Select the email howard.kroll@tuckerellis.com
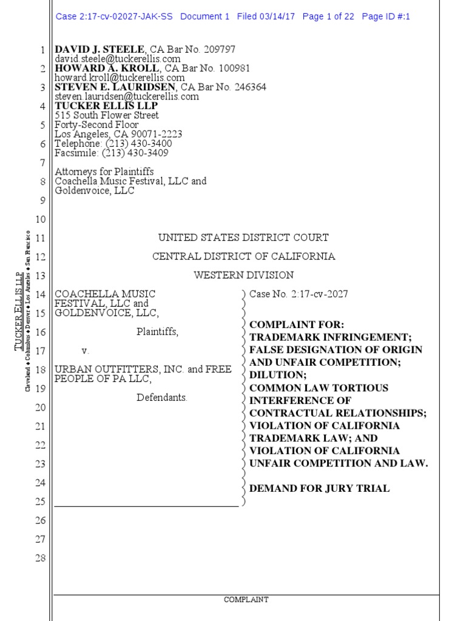click(120, 78)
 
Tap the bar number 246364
click(249, 87)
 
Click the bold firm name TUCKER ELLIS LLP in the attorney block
click(107, 106)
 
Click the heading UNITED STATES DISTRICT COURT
click(243, 238)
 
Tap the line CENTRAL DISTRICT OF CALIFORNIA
click(243, 257)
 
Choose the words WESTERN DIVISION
click(243, 275)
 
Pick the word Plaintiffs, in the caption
click(157, 332)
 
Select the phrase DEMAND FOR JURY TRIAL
click(319, 488)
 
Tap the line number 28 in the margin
click(40, 558)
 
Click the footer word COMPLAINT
click(246, 600)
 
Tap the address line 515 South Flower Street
click(107, 115)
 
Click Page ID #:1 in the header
click(386, 17)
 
